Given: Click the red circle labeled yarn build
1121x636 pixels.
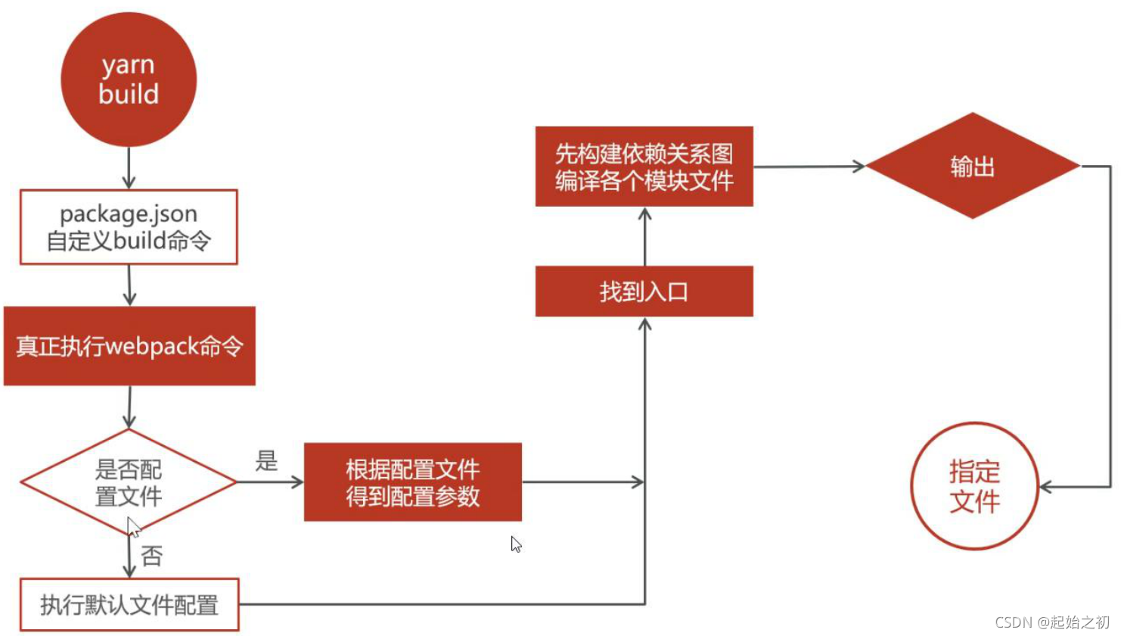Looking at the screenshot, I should (129, 79).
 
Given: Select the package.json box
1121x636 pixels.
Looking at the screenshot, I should (129, 227).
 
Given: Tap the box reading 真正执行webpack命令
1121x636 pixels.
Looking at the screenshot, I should (129, 346).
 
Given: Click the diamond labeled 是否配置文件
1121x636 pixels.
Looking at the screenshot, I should (129, 482).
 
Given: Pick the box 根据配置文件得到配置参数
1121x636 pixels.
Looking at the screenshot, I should (413, 482).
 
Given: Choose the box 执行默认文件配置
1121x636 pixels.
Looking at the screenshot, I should (129, 605).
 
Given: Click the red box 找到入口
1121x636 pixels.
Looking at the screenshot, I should (644, 291).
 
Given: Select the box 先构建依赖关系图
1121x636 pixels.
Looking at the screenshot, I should (644, 167).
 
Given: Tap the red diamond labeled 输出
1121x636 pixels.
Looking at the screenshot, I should (972, 166).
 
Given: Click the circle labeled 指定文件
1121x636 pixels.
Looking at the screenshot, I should (974, 486).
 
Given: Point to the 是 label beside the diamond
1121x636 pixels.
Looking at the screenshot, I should (266, 460).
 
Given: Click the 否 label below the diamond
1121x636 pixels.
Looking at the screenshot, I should (152, 556).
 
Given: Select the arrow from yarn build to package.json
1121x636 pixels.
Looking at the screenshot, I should (129, 168).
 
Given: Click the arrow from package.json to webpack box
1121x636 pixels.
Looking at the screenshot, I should (129, 285).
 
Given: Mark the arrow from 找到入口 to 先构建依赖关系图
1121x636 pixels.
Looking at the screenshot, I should (644, 235).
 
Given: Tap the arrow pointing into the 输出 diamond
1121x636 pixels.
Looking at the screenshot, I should (809, 167).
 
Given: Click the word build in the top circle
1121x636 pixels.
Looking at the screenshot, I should (129, 95).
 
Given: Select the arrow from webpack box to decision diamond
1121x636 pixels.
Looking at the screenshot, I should (129, 407).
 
